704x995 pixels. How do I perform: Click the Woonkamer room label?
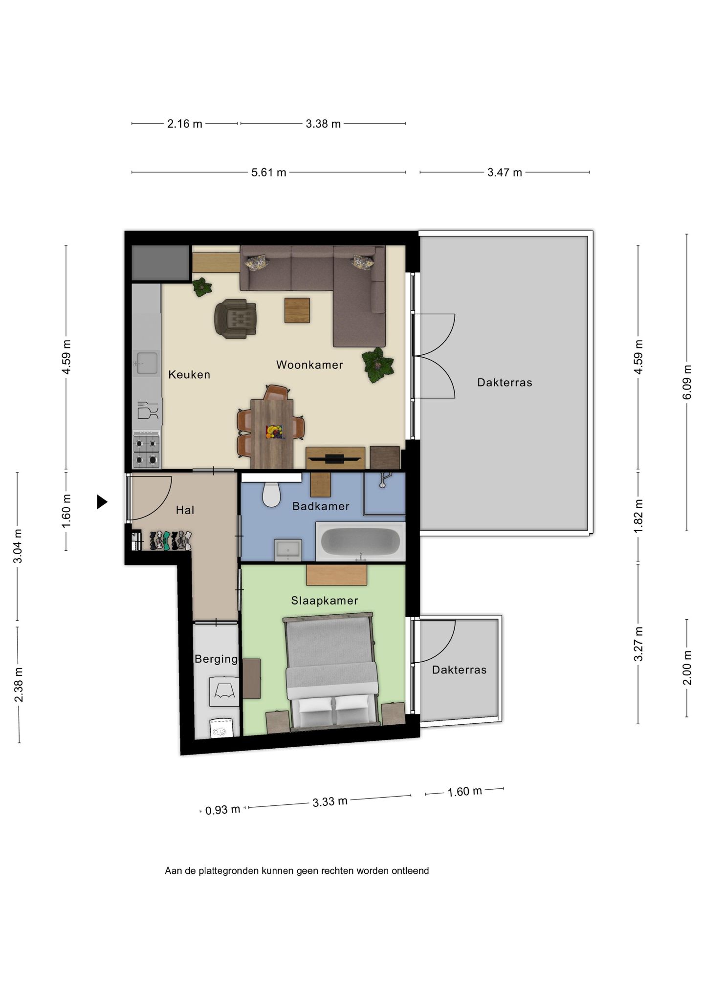pos(309,365)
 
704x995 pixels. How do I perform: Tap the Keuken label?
pos(189,374)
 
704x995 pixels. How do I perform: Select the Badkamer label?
pos(321,506)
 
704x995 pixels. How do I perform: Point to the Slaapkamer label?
pos(325,601)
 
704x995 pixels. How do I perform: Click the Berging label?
pos(216,659)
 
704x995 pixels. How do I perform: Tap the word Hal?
pos(185,510)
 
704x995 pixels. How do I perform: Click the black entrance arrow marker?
pos(102,502)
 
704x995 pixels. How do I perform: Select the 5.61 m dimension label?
pos(269,173)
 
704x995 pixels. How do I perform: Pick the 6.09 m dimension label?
pos(687,382)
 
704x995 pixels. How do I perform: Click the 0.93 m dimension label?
pos(222,810)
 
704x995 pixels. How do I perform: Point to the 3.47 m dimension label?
pos(505,173)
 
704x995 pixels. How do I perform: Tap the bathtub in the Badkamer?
pos(361,541)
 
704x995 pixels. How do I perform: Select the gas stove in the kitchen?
pos(147,450)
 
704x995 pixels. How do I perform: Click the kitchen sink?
pos(146,363)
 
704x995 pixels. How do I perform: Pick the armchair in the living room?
pos(236,319)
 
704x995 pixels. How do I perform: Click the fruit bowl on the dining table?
pos(274,433)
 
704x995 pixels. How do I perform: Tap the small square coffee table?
pos(297,310)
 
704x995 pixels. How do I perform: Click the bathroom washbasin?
pos(288,550)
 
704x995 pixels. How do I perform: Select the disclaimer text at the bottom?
pos(297,870)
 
